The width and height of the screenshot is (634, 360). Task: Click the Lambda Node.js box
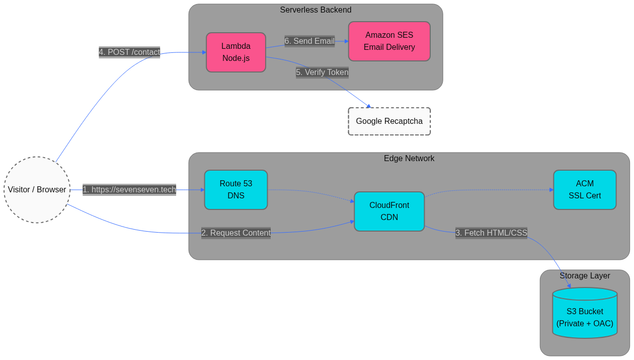tap(236, 52)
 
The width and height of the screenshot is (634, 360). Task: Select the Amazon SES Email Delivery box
tap(389, 41)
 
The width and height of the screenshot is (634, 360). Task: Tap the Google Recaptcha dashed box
tap(389, 121)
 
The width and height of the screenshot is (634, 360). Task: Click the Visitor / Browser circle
tap(37, 190)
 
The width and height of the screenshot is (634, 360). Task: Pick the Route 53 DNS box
tap(235, 190)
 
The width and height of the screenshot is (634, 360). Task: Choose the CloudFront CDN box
tap(389, 211)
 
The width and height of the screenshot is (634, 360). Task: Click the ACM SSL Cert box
tap(585, 190)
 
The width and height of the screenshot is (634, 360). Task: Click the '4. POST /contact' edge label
tap(129, 52)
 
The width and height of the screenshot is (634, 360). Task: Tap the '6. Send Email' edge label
tap(309, 41)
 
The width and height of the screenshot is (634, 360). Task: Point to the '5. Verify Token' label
tap(322, 73)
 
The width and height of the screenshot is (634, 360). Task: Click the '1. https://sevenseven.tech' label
tap(129, 190)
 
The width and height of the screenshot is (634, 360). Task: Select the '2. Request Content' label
tap(236, 233)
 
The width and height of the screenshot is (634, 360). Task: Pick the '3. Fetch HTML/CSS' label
tap(491, 233)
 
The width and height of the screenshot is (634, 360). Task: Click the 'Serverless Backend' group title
tap(315, 10)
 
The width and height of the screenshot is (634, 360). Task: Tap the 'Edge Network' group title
tap(409, 159)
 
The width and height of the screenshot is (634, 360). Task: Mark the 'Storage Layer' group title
tap(585, 276)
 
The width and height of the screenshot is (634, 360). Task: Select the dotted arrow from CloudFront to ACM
tap(488, 190)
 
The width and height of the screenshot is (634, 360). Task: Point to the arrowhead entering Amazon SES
tap(346, 41)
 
